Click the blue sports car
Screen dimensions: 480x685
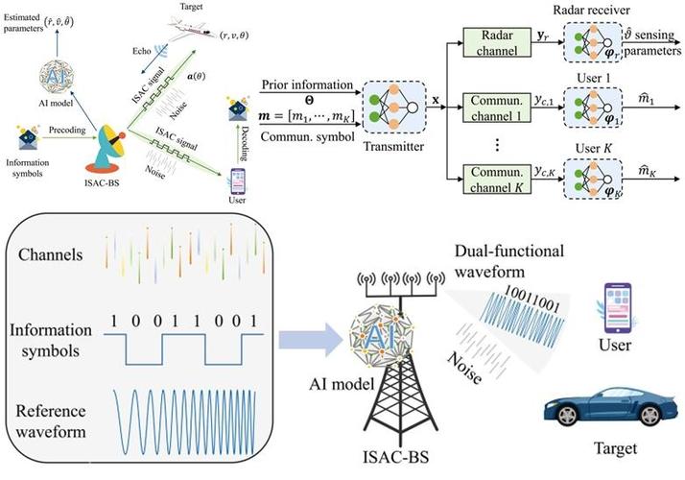point(600,409)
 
